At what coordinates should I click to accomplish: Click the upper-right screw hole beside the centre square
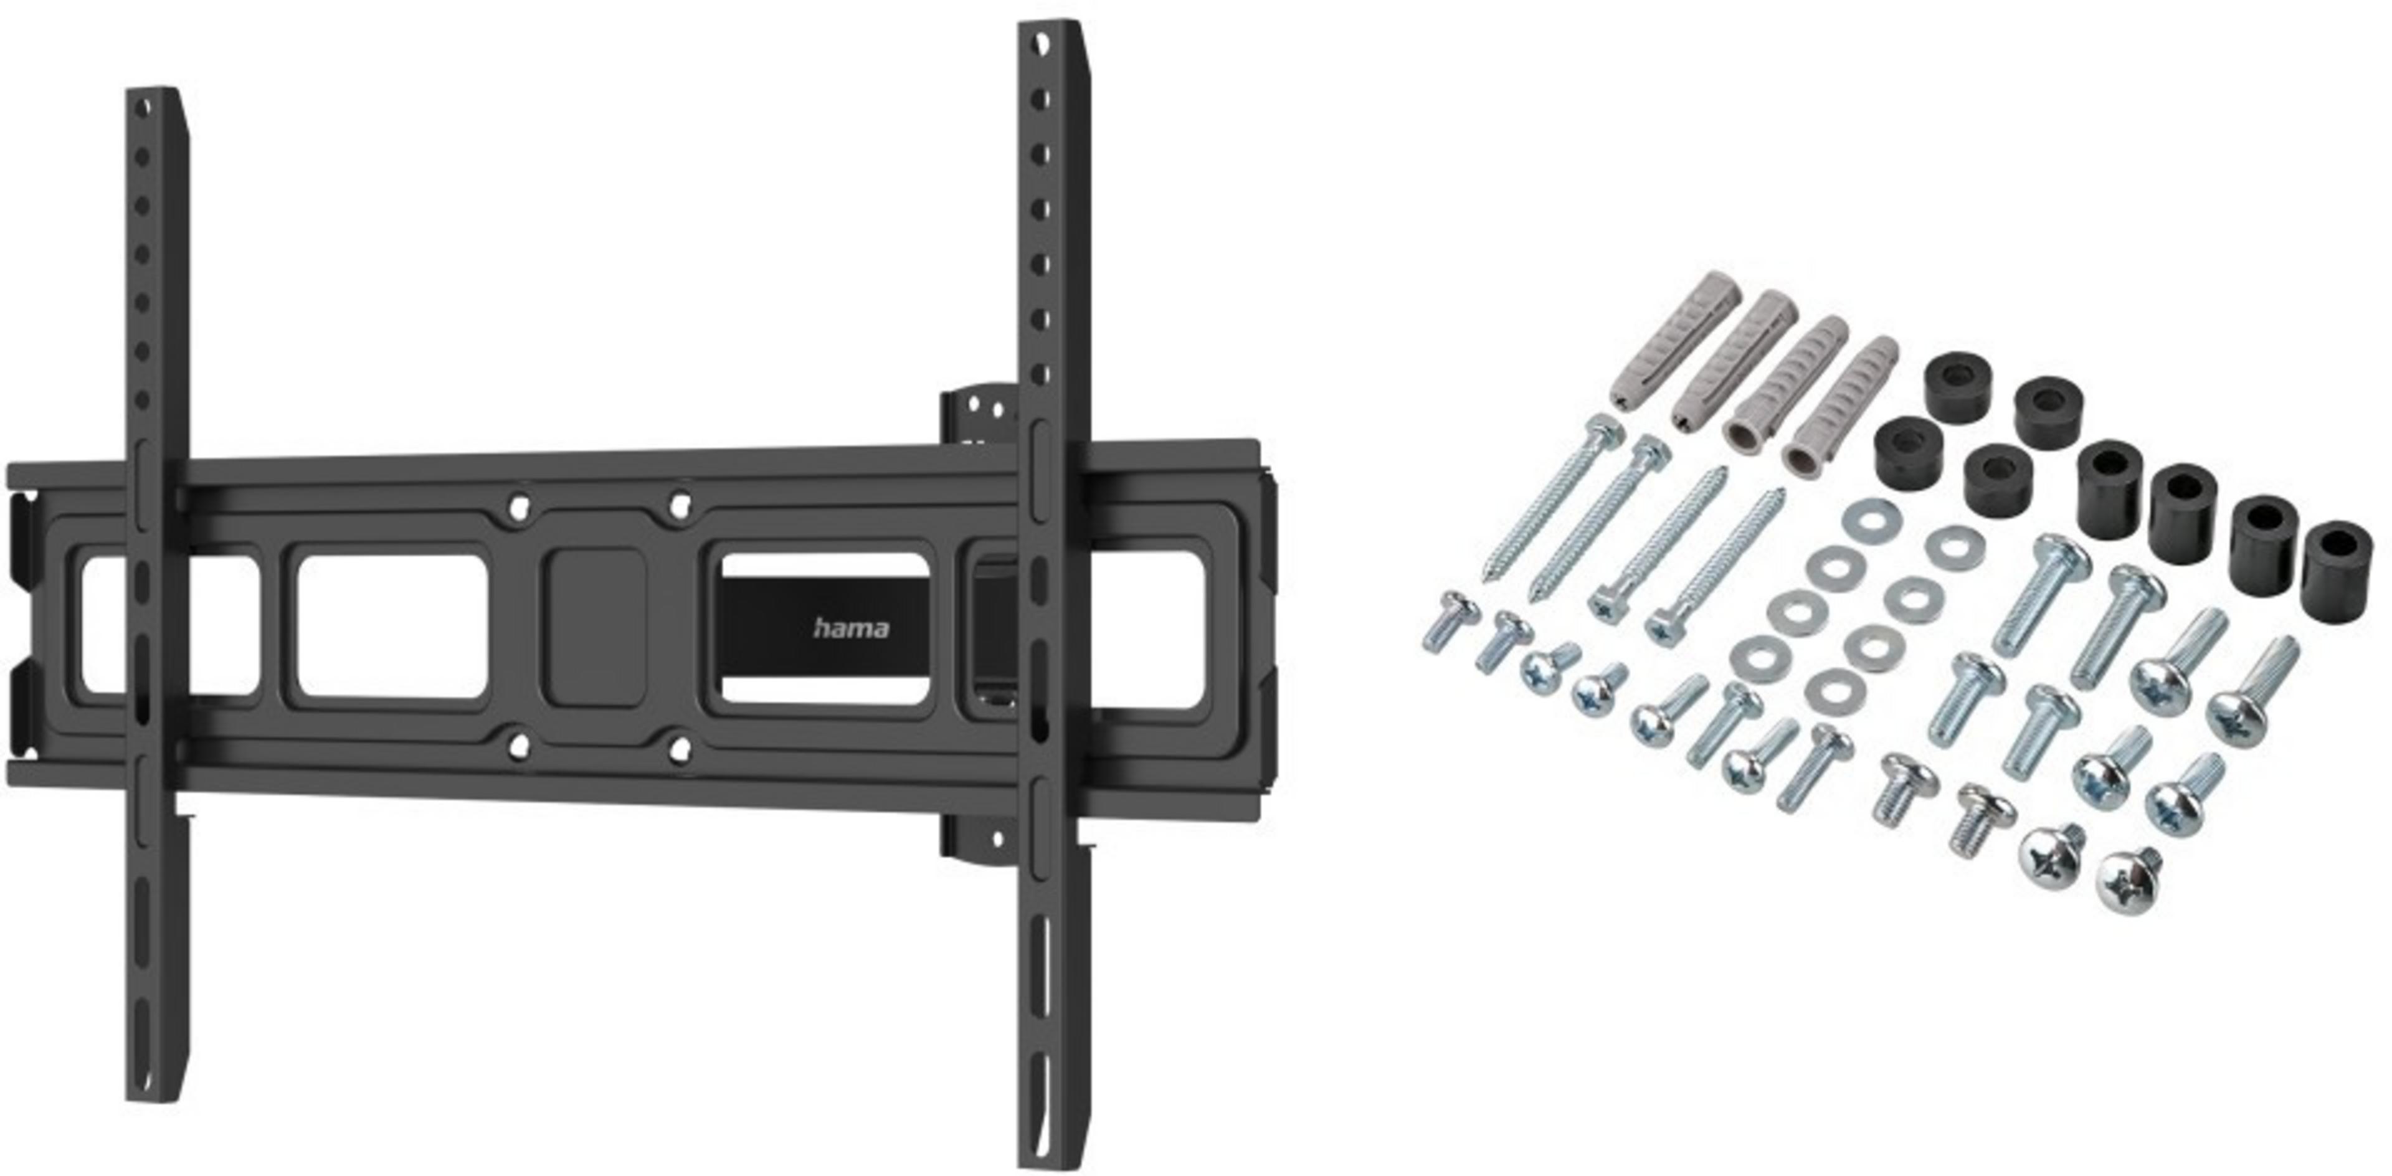(x=681, y=504)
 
